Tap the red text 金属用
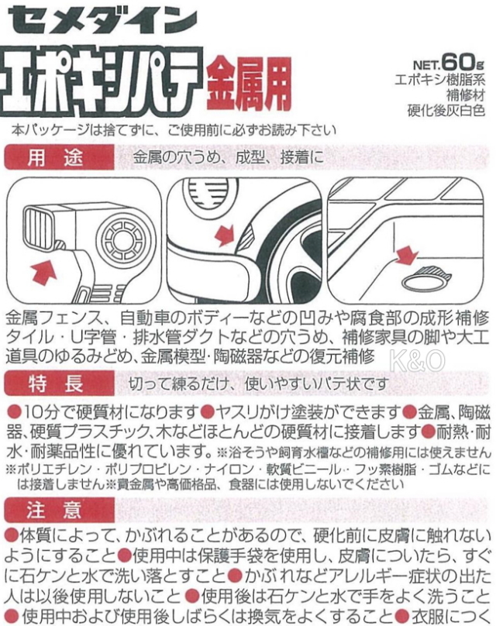(248, 84)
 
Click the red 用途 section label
(59, 158)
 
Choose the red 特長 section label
(59, 384)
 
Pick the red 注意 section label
(59, 511)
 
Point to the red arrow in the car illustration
(226, 236)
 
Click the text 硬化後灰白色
(446, 110)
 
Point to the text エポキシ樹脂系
(440, 81)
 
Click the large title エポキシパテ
(101, 82)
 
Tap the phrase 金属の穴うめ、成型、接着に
(229, 158)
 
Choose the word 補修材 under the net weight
(466, 95)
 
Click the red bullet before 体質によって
(12, 536)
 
